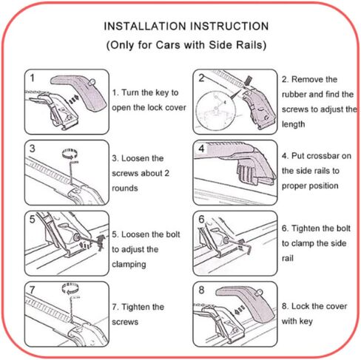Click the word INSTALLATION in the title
point(145,26)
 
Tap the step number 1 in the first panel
point(32,78)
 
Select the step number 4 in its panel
point(201,149)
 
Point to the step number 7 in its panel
point(32,290)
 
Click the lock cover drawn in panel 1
point(80,92)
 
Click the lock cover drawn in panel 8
point(246,305)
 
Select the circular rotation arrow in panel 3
point(70,154)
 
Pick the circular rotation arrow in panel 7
point(70,288)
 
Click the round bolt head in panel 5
point(76,237)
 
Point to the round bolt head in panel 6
point(226,240)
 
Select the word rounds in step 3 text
point(125,189)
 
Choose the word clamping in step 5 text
point(129,265)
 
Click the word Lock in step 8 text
point(300,306)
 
